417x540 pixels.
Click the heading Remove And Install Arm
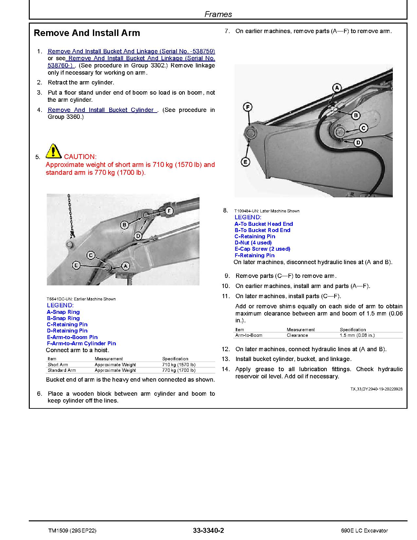point(87,33)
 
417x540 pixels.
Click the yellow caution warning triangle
point(53,151)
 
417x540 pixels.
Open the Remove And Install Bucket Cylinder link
point(102,110)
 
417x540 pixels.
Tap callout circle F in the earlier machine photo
point(169,211)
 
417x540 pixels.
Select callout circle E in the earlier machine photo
point(76,265)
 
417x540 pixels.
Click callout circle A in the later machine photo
point(337,88)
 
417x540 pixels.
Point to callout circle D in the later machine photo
point(358,142)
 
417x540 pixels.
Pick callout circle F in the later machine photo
point(248,107)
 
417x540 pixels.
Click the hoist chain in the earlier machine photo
point(70,216)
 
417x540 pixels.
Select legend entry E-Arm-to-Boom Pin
point(72,337)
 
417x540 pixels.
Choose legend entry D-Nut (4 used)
point(253,243)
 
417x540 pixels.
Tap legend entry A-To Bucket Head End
point(263,224)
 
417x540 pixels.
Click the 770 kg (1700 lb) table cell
point(179,370)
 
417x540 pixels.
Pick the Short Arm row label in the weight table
point(58,365)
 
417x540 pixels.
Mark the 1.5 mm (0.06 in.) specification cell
point(357,335)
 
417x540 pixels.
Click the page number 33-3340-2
point(208,531)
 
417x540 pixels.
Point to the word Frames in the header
point(218,14)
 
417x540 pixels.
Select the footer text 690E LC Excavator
point(364,531)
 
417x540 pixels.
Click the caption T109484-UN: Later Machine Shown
point(267,211)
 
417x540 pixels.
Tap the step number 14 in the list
point(226,369)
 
